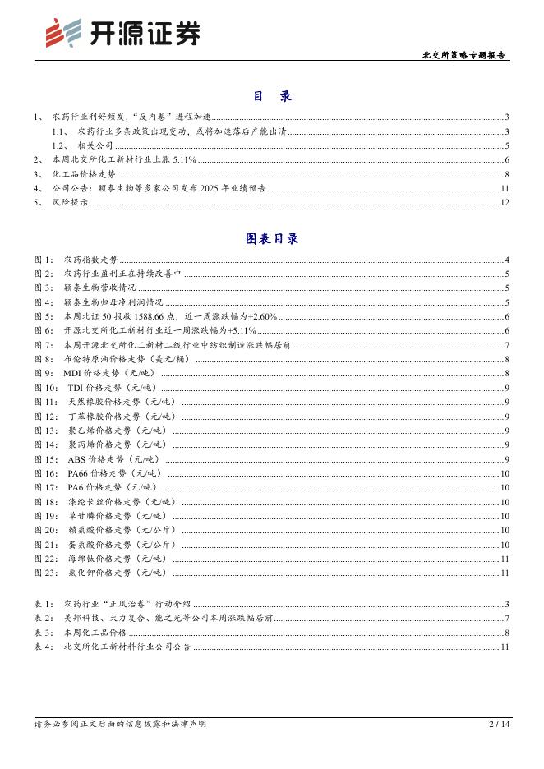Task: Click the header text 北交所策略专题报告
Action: [464, 56]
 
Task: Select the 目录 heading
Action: [272, 97]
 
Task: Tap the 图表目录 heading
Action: [272, 239]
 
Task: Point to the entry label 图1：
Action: [44, 260]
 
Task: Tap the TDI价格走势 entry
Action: [109, 387]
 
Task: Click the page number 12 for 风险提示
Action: [505, 203]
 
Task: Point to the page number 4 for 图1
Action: [508, 260]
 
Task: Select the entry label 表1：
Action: [44, 604]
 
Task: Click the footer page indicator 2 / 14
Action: [499, 724]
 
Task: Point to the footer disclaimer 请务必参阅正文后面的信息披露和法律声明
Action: [120, 724]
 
